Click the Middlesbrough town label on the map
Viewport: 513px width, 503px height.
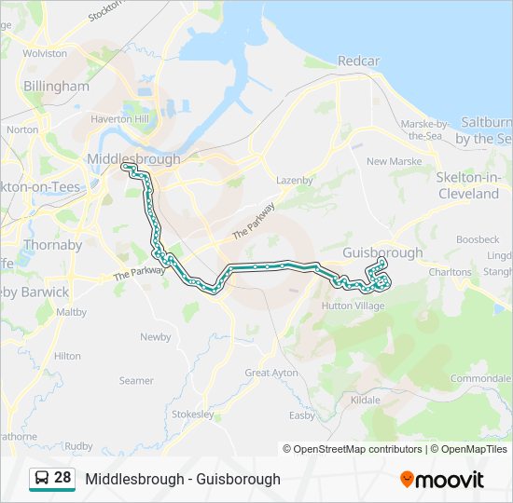pyautogui.click(x=132, y=159)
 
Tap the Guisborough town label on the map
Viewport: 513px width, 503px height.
pyautogui.click(x=382, y=252)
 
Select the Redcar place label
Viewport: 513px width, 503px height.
pyautogui.click(x=359, y=61)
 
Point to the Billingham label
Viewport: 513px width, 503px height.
pyautogui.click(x=56, y=86)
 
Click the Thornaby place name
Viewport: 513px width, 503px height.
pyautogui.click(x=53, y=245)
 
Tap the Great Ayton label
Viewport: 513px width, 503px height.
pyautogui.click(x=271, y=373)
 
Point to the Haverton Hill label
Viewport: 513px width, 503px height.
pyautogui.click(x=120, y=119)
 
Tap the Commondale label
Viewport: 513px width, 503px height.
pyautogui.click(x=481, y=378)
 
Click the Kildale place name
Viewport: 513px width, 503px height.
pyautogui.click(x=365, y=400)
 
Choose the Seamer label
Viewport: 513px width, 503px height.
pyautogui.click(x=136, y=380)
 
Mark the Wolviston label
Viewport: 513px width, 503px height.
pyautogui.click(x=45, y=53)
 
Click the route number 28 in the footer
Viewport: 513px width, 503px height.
pyautogui.click(x=62, y=478)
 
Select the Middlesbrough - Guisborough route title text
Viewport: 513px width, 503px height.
pyautogui.click(x=183, y=479)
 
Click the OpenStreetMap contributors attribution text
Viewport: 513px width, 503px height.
pyautogui.click(x=358, y=449)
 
